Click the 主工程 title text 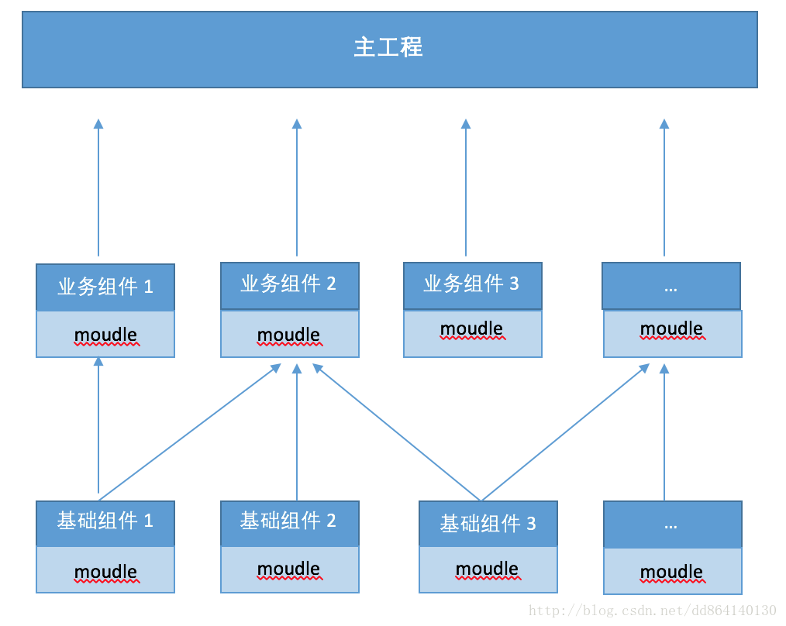point(388,48)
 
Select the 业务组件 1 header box point(105,287)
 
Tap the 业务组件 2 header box point(289,284)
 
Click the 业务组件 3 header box point(472,284)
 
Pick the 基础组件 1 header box point(105,522)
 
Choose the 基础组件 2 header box point(289,521)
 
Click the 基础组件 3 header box point(488,525)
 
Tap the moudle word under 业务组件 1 point(105,335)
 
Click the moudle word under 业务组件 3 point(472,328)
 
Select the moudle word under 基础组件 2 point(289,569)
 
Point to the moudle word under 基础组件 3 point(488,569)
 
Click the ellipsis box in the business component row point(671,286)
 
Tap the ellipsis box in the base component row point(672,525)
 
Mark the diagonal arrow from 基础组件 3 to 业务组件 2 point(397,432)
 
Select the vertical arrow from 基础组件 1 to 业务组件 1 point(98,426)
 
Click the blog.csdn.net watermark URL point(653,611)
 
